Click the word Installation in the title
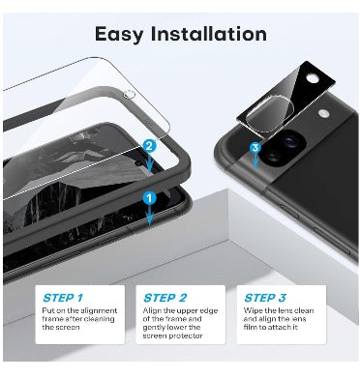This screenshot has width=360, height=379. tap(209, 34)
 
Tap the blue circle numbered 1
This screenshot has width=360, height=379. tap(149, 198)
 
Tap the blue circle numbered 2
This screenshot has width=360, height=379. tap(149, 146)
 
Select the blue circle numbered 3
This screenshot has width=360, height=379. tap(255, 148)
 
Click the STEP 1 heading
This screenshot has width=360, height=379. tap(63, 298)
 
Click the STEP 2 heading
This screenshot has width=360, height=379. tap(165, 298)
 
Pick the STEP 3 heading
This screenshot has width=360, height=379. tap(265, 298)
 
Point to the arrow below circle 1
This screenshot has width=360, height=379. tap(149, 215)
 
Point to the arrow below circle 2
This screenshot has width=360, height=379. tap(149, 162)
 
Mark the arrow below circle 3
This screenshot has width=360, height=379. tap(255, 160)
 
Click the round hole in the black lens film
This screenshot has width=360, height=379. tap(312, 78)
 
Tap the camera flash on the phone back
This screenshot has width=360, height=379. tap(323, 113)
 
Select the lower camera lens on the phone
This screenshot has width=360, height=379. tap(273, 157)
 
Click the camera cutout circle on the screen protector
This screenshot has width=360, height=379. tap(129, 95)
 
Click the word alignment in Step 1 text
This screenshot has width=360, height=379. tap(99, 311)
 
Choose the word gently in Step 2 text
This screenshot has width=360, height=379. tap(154, 328)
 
